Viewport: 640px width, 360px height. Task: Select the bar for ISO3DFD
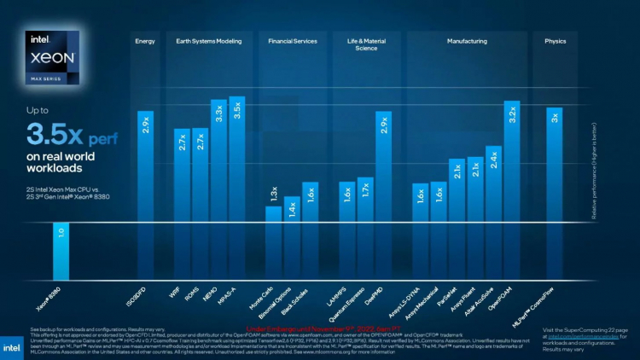click(x=146, y=166)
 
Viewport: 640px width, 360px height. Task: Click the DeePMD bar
click(x=384, y=166)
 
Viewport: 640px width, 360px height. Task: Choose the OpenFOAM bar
click(x=511, y=162)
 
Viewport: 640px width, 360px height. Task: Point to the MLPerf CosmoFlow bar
click(x=554, y=165)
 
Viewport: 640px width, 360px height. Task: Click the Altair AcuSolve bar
click(x=493, y=184)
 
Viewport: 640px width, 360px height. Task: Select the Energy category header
click(x=145, y=41)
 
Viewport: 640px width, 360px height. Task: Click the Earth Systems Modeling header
click(x=209, y=41)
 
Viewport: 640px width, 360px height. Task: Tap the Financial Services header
click(x=292, y=41)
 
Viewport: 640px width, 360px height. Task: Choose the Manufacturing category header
click(x=467, y=41)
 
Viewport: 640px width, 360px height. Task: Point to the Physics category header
click(x=555, y=41)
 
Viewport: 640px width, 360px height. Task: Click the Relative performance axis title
click(x=594, y=166)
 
